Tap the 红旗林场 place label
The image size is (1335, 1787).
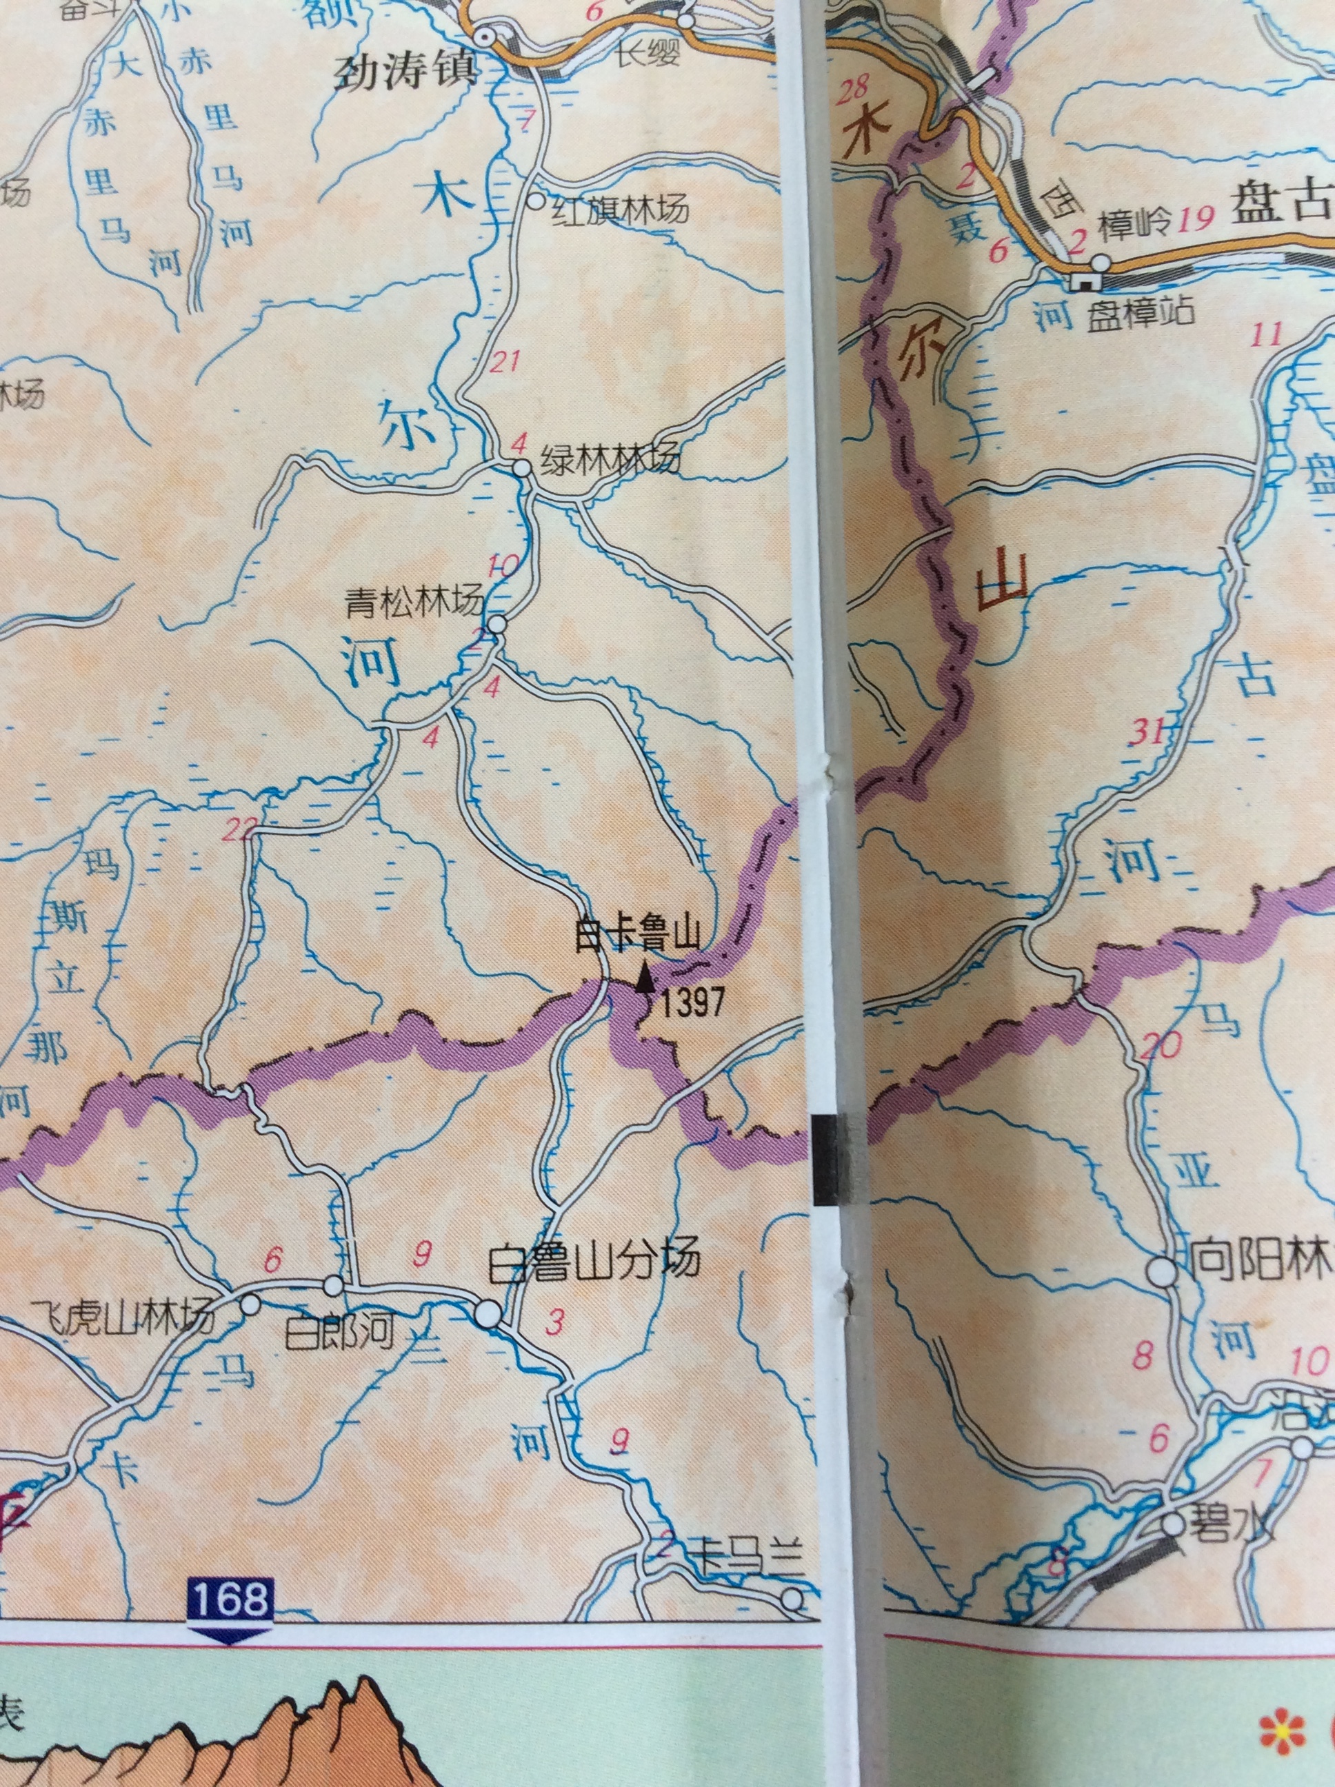(x=621, y=211)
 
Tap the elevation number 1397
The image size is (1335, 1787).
(x=690, y=1004)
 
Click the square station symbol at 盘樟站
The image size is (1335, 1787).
(x=1082, y=281)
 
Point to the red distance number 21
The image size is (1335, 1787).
(x=504, y=361)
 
